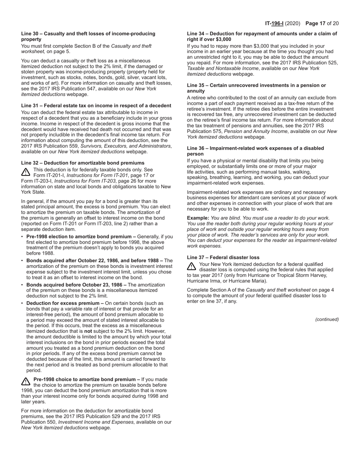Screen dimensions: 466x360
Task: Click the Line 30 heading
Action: click(x=88, y=36)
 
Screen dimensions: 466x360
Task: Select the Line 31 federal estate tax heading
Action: click(x=96, y=105)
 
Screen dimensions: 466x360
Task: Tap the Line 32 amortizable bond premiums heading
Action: click(x=83, y=163)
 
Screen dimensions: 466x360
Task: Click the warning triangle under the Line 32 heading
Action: click(x=26, y=172)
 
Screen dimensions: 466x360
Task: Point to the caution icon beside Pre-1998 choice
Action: click(x=26, y=382)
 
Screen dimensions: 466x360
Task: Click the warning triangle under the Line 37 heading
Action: click(x=191, y=266)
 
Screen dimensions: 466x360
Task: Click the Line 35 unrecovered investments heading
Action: click(x=256, y=88)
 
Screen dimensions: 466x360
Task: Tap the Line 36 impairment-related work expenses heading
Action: click(x=255, y=151)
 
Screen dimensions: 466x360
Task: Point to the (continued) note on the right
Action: click(x=327, y=319)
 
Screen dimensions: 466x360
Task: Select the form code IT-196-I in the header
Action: click(x=274, y=23)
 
